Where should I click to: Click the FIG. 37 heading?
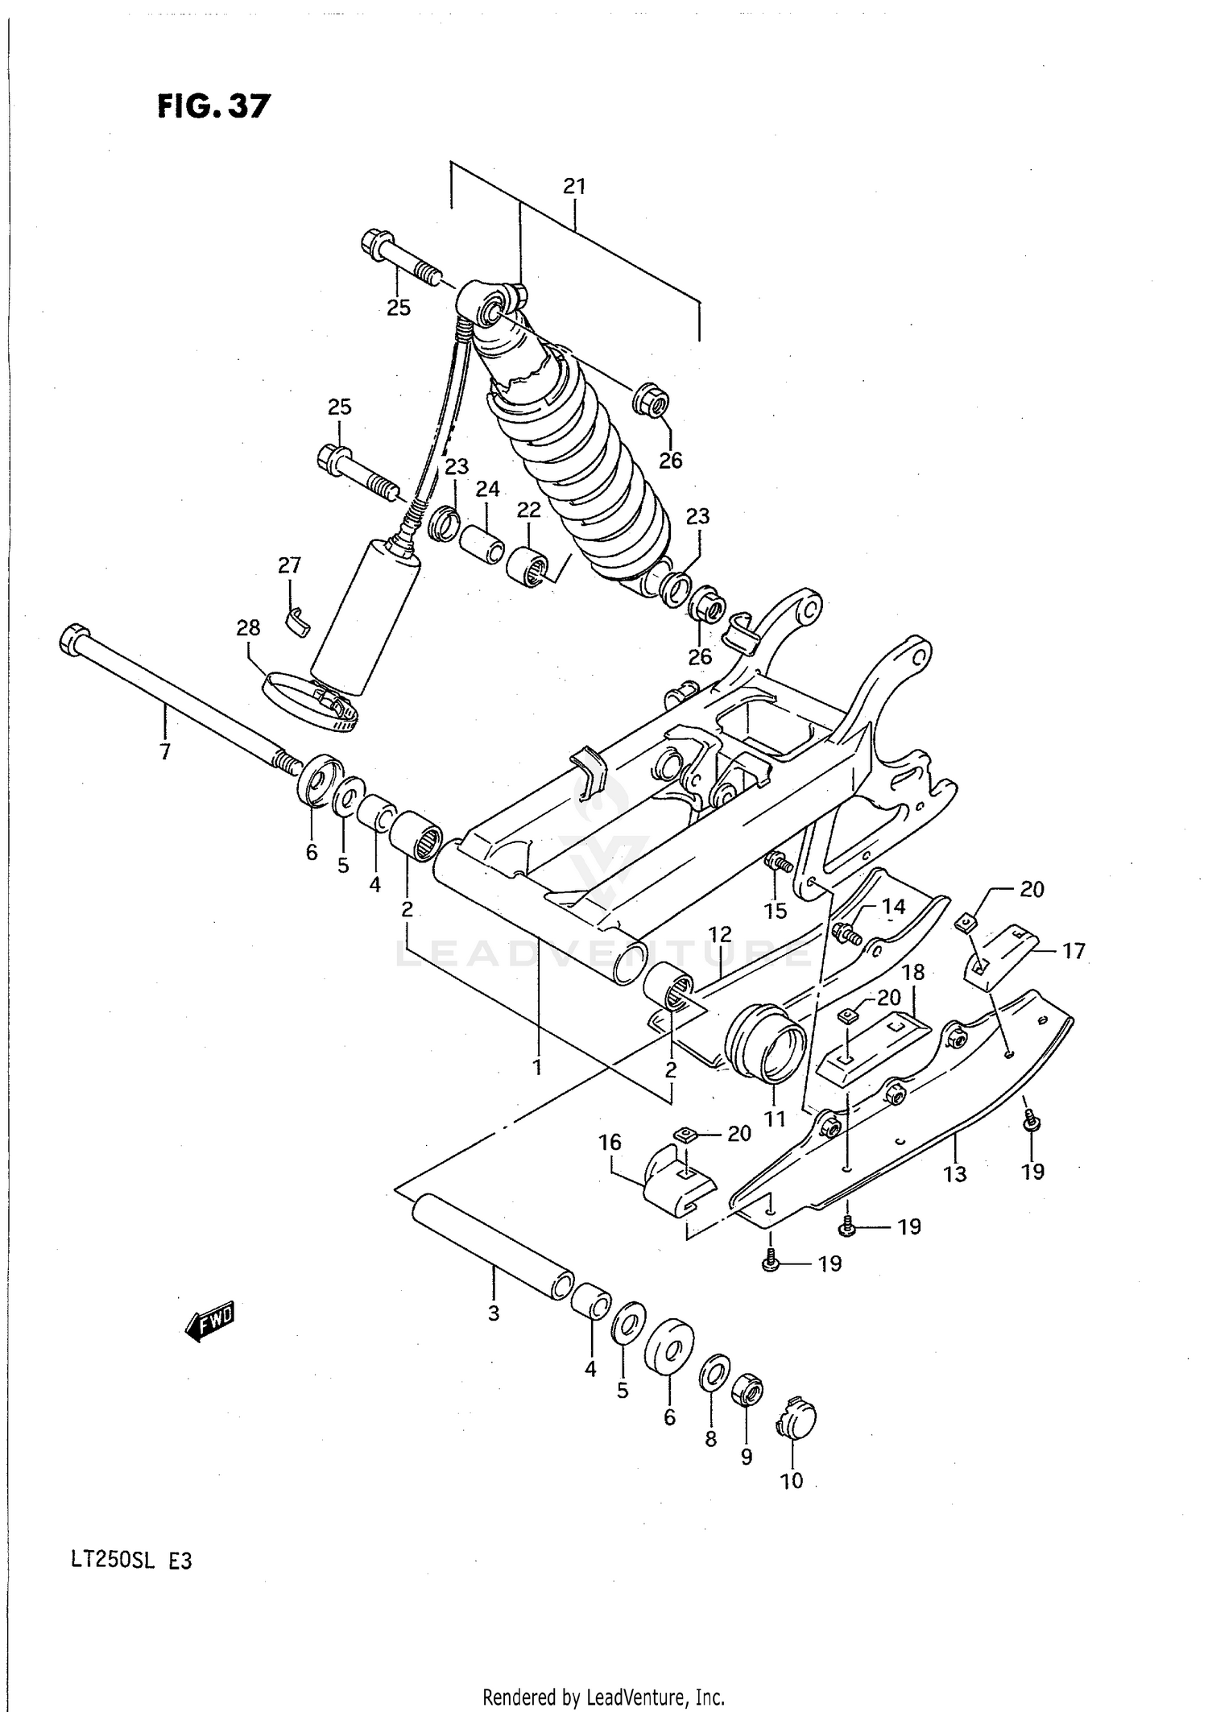click(x=213, y=105)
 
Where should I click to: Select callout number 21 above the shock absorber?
click(x=573, y=187)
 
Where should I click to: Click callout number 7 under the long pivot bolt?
click(x=165, y=752)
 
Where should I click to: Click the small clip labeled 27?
click(x=297, y=620)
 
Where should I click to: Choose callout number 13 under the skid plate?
click(x=954, y=1174)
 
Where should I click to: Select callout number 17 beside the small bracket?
click(x=1074, y=951)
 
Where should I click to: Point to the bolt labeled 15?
click(x=778, y=862)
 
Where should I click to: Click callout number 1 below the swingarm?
click(x=536, y=1068)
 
